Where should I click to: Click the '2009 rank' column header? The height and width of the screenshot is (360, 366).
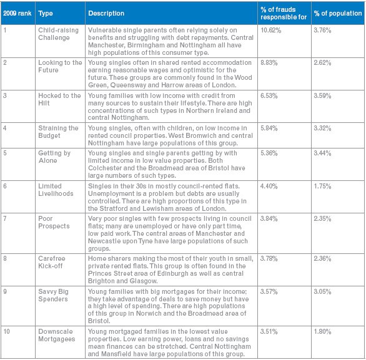pyautogui.click(x=17, y=13)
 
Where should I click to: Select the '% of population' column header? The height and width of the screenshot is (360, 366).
pyautogui.click(x=338, y=13)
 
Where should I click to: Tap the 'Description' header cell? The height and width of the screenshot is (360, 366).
pyautogui.click(x=106, y=13)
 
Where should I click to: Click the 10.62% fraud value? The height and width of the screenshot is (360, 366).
pyautogui.click(x=271, y=31)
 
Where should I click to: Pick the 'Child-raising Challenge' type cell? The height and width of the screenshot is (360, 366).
pyautogui.click(x=58, y=34)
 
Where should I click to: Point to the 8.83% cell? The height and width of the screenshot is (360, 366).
pyautogui.click(x=269, y=63)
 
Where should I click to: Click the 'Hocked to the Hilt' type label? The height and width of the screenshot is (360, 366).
pyautogui.click(x=59, y=99)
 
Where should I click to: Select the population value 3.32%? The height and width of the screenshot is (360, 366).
pyautogui.click(x=322, y=129)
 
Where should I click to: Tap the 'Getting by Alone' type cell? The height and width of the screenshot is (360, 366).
pyautogui.click(x=54, y=157)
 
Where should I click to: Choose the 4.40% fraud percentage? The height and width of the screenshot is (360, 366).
pyautogui.click(x=269, y=187)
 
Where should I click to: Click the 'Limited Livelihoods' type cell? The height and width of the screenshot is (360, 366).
pyautogui.click(x=56, y=190)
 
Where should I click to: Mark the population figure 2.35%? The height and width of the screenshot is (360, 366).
pyautogui.click(x=322, y=219)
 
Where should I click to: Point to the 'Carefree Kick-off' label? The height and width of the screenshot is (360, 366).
pyautogui.click(x=52, y=262)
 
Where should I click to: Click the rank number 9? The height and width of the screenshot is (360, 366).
pyautogui.click(x=5, y=291)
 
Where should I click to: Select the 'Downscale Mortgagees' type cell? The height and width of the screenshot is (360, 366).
pyautogui.click(x=57, y=335)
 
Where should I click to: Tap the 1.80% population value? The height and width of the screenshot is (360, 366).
pyautogui.click(x=322, y=331)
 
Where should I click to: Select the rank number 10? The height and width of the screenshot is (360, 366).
pyautogui.click(x=6, y=331)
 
